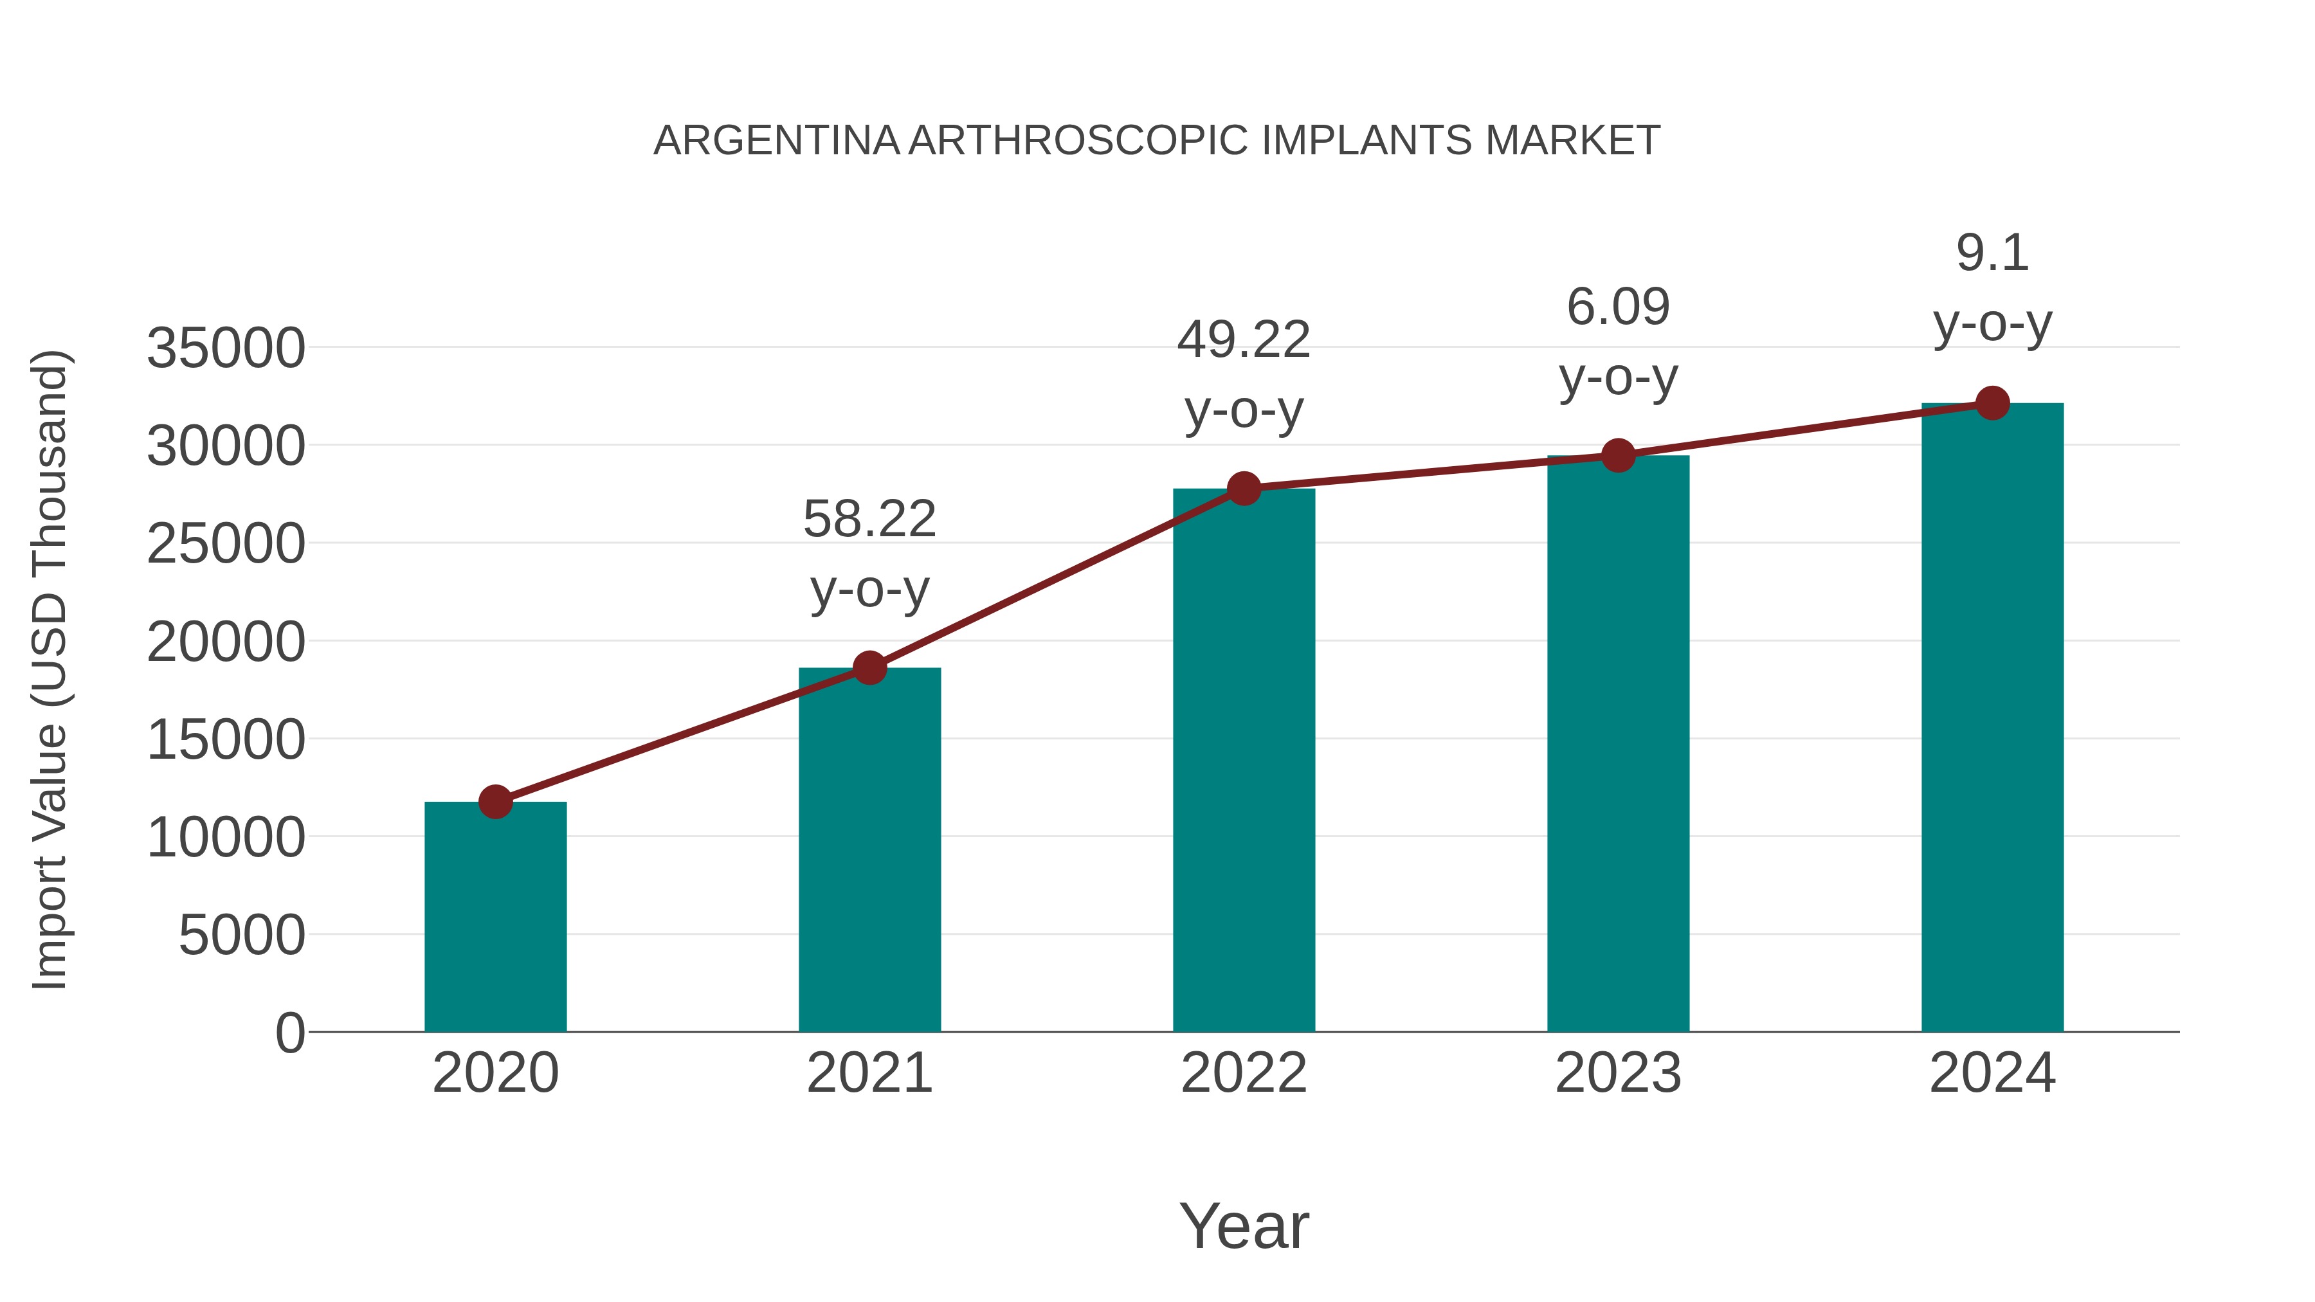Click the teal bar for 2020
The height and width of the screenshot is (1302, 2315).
(495, 916)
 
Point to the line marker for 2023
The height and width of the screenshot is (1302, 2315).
(1618, 456)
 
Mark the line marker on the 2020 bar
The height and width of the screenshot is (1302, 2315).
(495, 802)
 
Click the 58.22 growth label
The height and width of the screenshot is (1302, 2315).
(869, 520)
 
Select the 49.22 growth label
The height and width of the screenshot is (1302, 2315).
(1244, 341)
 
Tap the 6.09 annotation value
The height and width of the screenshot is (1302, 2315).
(1618, 307)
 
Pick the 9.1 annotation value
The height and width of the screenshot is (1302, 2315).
(1992, 253)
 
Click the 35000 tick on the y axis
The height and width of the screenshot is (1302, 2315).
(226, 348)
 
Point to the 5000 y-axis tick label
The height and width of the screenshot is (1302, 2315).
(242, 936)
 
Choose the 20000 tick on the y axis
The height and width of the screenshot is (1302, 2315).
(226, 642)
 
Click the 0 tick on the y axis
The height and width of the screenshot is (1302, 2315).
(289, 1033)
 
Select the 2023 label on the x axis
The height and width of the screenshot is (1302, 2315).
(1618, 1073)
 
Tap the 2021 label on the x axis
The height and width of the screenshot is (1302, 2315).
(869, 1073)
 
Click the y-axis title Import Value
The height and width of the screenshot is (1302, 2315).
(50, 669)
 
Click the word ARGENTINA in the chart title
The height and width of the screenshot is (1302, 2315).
(776, 141)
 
